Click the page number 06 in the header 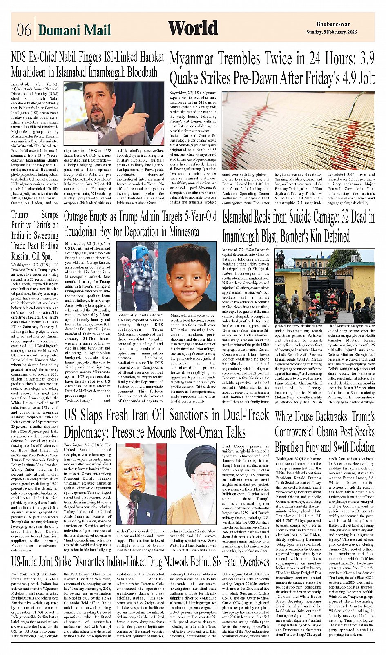24,30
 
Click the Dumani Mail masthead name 74,30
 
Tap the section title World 193,28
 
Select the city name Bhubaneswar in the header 333,24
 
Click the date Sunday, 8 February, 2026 332,32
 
